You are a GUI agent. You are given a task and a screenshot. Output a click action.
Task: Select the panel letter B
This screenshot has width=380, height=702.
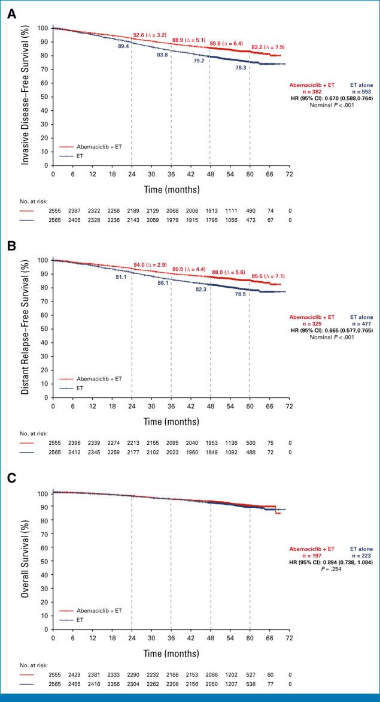click(11, 246)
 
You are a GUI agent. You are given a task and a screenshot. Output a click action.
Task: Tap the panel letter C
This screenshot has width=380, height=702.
click(11, 479)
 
